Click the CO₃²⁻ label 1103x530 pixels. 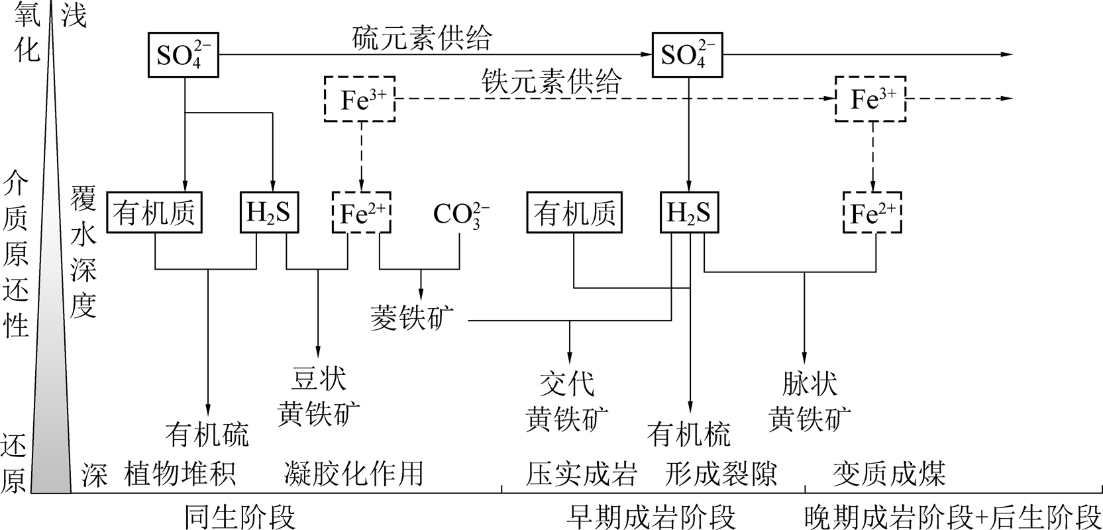461,214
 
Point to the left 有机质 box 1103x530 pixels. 154,213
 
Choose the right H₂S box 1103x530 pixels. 688,213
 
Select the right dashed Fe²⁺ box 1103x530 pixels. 872,213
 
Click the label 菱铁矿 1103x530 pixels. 413,319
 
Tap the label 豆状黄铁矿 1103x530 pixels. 319,397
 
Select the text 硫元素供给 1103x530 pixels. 422,38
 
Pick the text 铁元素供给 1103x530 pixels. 552,81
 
